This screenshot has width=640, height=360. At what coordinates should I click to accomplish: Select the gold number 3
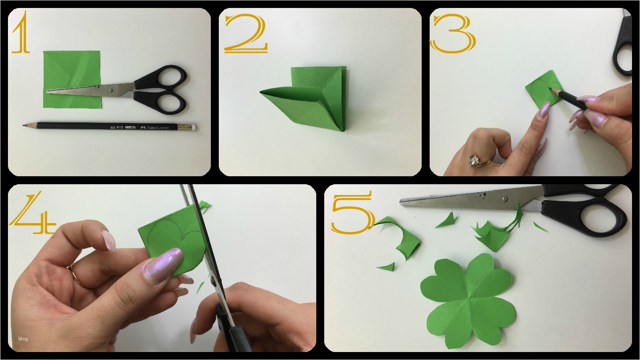tap(453, 33)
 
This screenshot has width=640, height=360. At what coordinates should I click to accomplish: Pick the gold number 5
tap(352, 212)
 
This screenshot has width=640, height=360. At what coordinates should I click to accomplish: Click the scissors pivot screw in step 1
tap(111, 88)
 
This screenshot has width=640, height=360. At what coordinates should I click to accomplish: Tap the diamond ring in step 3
tap(474, 161)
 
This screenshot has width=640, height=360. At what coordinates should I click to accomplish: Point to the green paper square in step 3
tap(543, 89)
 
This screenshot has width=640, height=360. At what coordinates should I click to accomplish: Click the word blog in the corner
tap(23, 339)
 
